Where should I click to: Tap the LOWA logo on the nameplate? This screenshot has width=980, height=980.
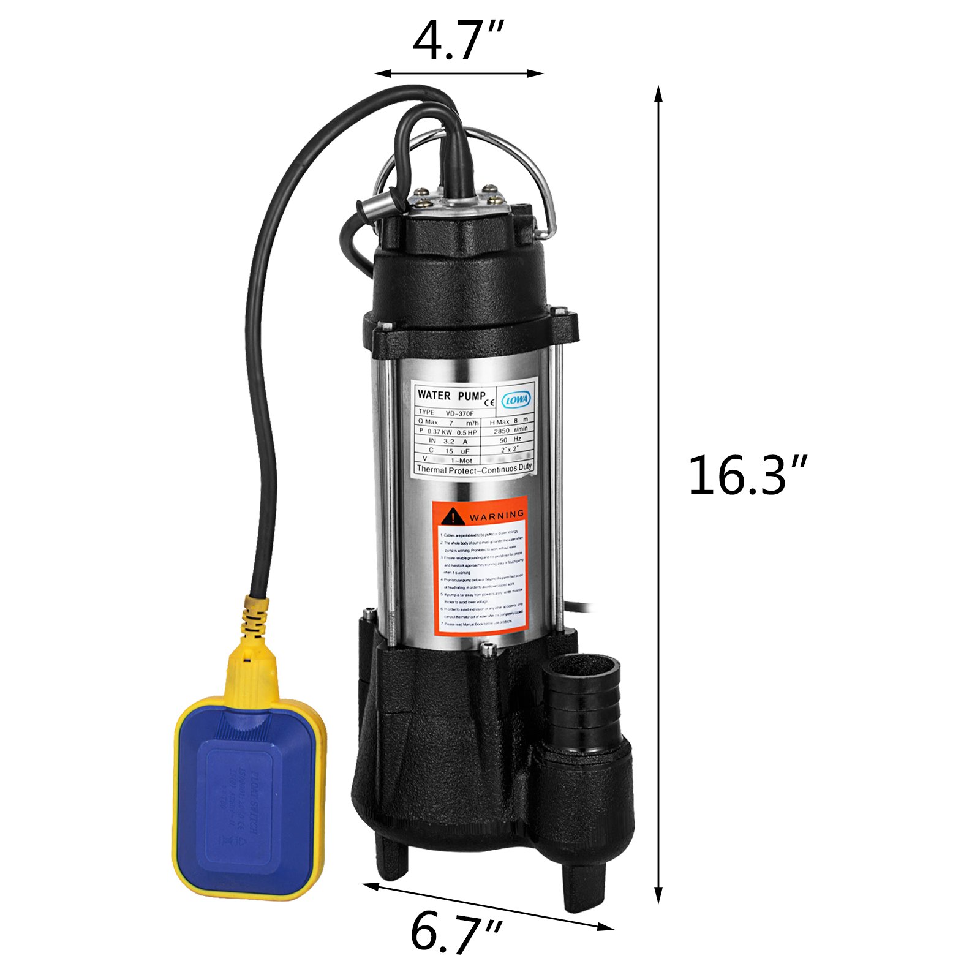517,399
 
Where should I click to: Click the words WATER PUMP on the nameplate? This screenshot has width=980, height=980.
451,395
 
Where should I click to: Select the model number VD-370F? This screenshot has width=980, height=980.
456,413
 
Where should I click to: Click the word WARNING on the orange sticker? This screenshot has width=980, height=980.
496,515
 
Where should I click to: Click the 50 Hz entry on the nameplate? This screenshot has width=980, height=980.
510,440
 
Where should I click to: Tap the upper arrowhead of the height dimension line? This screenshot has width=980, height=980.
658,93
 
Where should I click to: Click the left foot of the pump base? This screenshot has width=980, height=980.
392,858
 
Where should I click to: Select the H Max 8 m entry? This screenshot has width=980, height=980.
507,421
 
